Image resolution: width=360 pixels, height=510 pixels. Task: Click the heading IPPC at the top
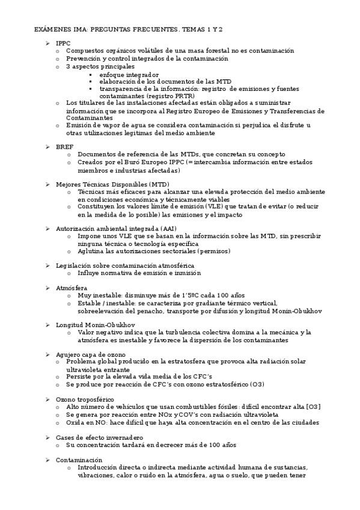point(64,43)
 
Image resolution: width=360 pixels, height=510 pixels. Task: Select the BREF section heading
point(64,146)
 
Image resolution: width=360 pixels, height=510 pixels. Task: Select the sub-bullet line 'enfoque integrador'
point(129,74)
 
